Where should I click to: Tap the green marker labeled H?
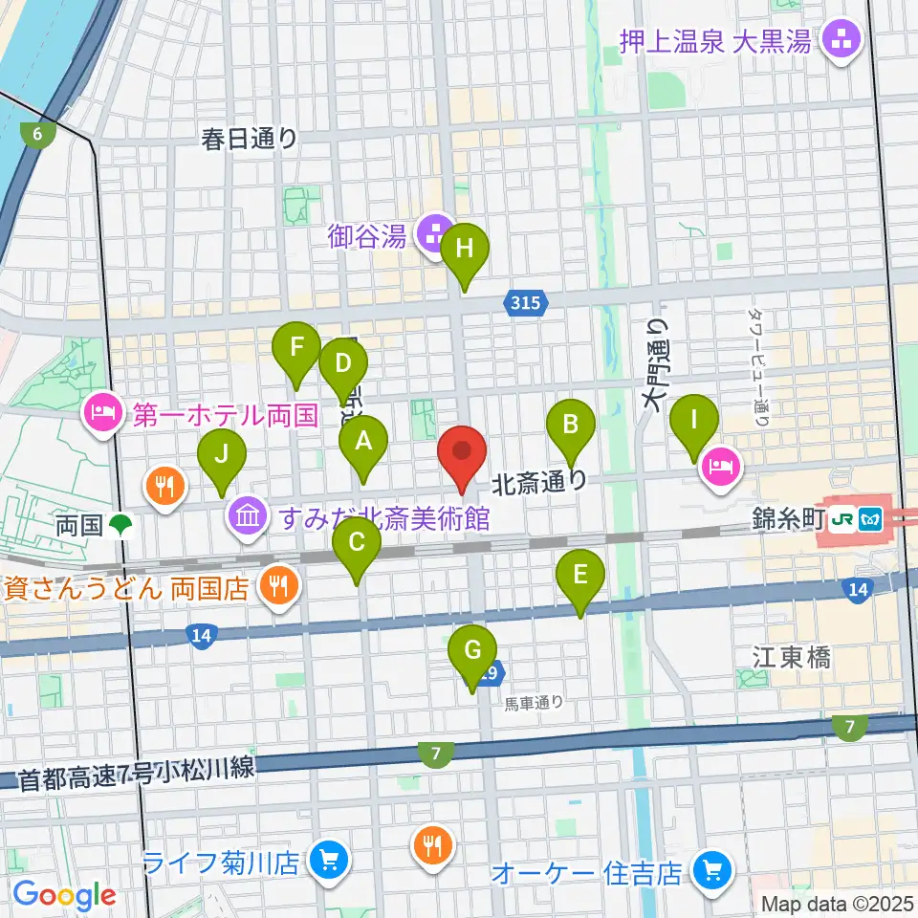(x=465, y=251)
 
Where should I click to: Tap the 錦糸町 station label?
(x=774, y=519)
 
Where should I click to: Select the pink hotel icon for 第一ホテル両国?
(x=101, y=414)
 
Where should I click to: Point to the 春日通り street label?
(x=250, y=139)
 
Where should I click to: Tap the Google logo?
(x=65, y=895)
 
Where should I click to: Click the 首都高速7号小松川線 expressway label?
(x=137, y=776)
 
